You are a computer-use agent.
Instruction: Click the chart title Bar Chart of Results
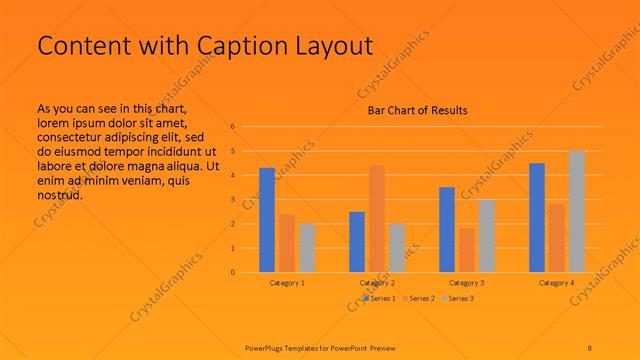click(412, 110)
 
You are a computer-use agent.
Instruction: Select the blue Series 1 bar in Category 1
click(267, 220)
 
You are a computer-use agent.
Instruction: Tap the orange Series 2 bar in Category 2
click(377, 219)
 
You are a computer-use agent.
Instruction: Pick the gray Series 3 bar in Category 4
click(577, 211)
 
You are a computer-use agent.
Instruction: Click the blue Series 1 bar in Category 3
click(447, 229)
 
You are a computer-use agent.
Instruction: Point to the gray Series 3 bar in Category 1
click(307, 248)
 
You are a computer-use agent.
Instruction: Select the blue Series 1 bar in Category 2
click(357, 242)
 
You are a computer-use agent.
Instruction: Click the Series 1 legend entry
click(381, 298)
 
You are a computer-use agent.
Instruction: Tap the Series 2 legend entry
click(419, 298)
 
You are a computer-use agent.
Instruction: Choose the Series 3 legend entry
click(458, 298)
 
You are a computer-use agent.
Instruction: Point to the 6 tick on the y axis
click(232, 127)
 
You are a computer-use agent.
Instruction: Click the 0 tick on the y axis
click(232, 272)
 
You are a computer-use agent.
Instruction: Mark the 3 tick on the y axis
click(232, 200)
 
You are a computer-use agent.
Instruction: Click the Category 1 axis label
click(287, 283)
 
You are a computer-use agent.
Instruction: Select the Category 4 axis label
click(557, 283)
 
